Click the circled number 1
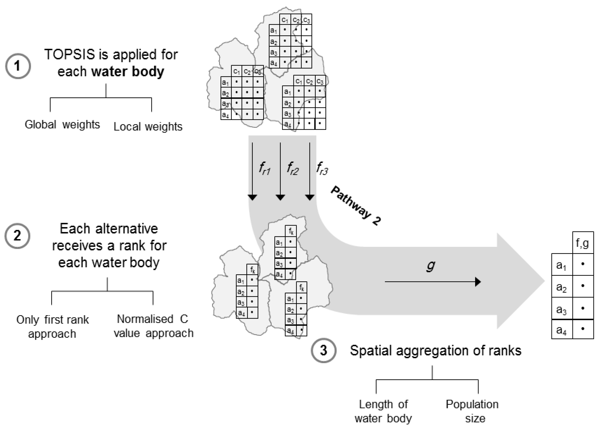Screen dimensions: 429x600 tap(18, 66)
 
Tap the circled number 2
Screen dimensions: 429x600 tap(17, 236)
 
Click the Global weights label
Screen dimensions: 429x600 tap(62, 124)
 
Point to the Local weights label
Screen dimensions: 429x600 tap(148, 127)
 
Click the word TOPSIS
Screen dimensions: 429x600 tap(69, 55)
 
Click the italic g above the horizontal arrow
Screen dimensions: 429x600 tap(430, 265)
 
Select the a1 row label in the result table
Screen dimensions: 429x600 tap(561, 265)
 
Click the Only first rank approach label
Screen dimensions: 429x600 tap(52, 327)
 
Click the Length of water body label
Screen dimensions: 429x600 tap(383, 411)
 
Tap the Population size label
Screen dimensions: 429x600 tap(472, 411)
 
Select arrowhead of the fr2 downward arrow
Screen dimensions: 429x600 tap(280, 198)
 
